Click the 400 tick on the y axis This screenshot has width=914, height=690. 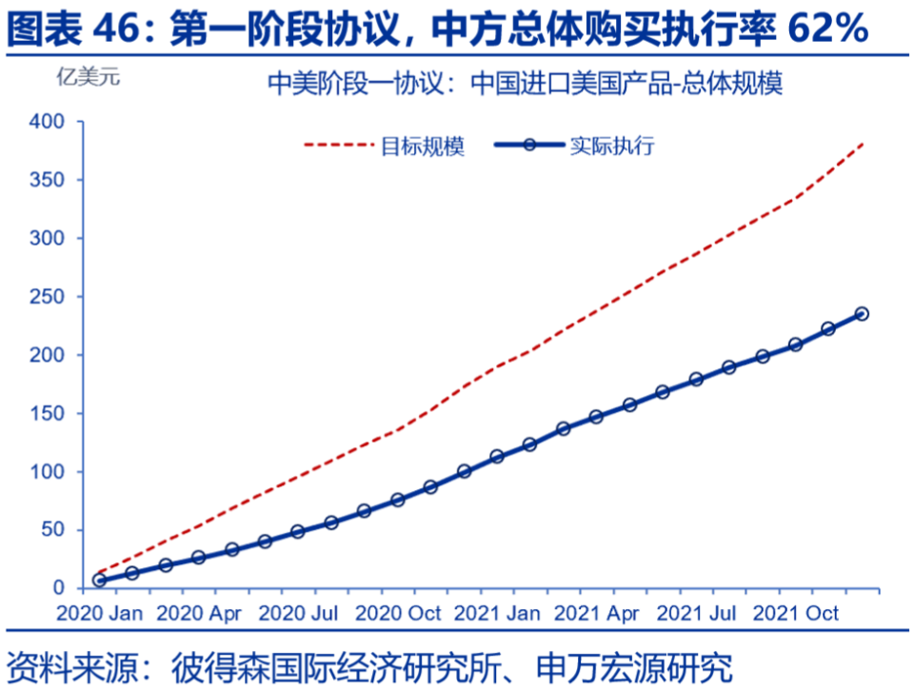[x=48, y=122]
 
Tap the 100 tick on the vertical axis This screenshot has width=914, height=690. [x=48, y=472]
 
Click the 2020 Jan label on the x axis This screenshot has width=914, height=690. [x=99, y=613]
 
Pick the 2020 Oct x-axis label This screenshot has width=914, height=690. [x=398, y=613]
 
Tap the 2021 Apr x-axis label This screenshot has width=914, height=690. [x=597, y=613]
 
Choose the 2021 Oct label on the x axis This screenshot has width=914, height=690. [x=796, y=613]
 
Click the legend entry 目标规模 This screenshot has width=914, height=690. [x=423, y=147]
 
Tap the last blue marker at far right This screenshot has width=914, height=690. [x=862, y=314]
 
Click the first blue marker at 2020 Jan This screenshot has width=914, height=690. [x=99, y=580]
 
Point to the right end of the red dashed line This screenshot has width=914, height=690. [x=863, y=143]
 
